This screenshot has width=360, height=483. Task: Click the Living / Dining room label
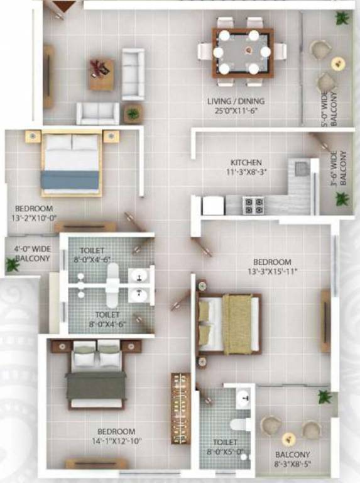coord(236,101)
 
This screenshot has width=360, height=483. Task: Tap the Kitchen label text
coord(246,162)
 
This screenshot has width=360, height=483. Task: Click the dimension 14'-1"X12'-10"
coord(116,441)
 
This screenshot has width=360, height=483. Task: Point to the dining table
coord(243,52)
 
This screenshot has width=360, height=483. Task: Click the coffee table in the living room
coord(101,74)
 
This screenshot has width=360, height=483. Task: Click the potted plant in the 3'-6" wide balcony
coord(342,199)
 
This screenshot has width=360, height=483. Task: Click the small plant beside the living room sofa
coord(133,114)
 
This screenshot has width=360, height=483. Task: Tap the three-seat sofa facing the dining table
coord(133,74)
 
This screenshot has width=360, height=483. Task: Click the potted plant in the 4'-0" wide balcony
coord(12,265)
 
